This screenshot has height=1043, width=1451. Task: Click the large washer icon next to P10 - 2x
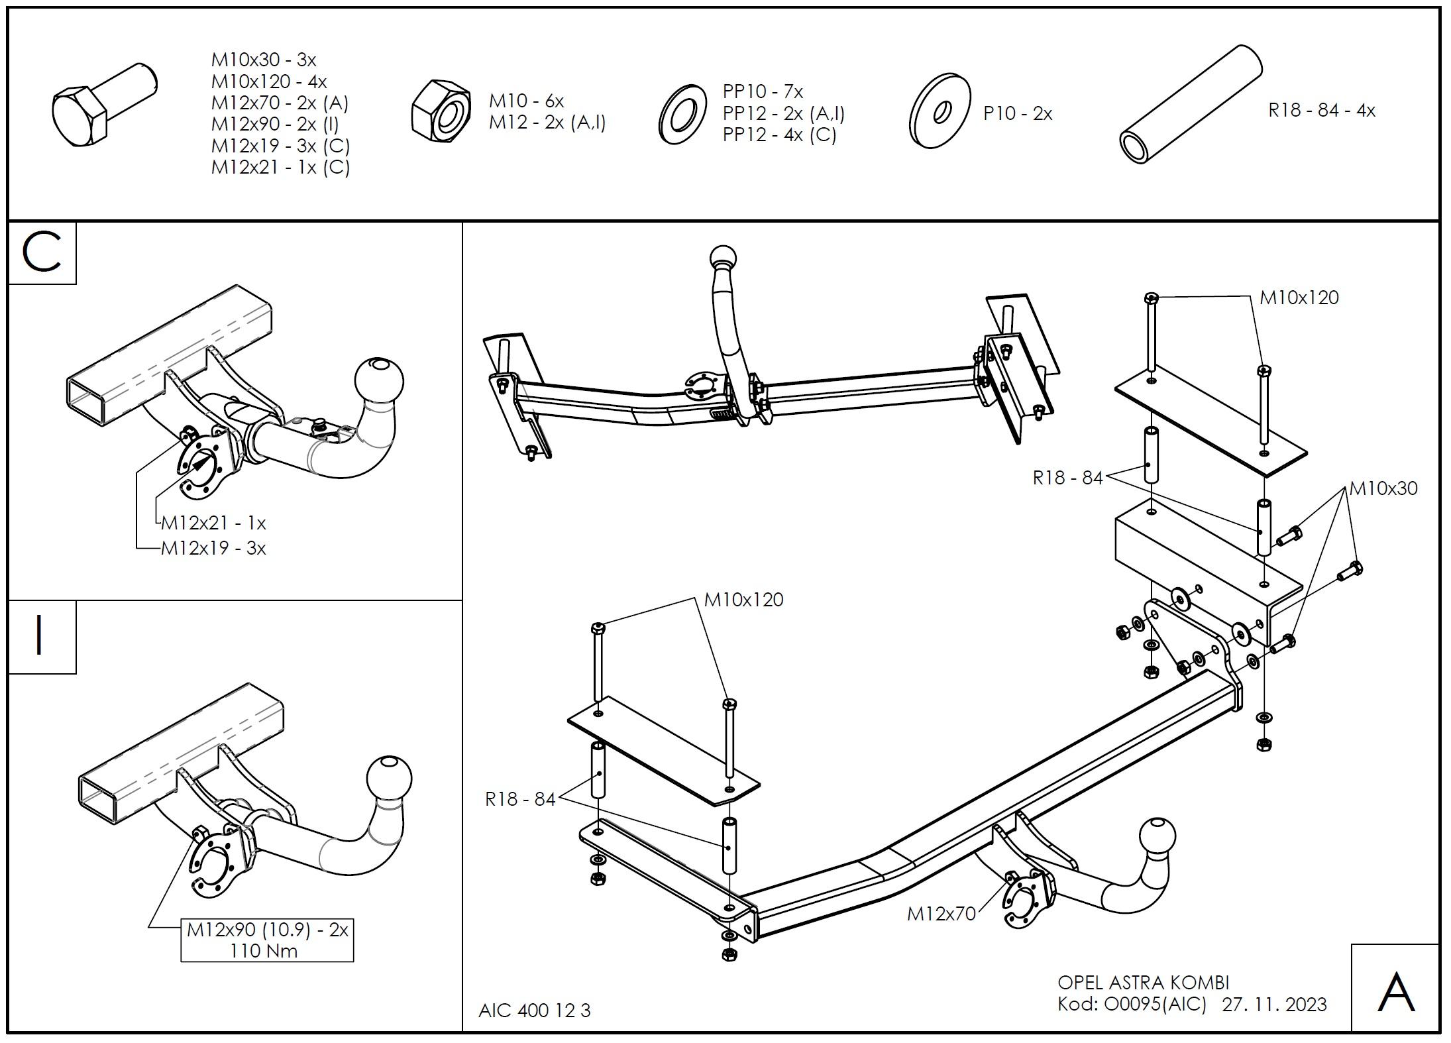[940, 111]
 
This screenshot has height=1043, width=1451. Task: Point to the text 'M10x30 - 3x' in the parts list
[264, 60]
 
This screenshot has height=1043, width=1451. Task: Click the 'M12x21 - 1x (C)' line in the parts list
[280, 167]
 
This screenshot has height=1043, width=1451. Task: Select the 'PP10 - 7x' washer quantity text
[763, 91]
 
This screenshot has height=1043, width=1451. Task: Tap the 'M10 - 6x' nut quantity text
[526, 101]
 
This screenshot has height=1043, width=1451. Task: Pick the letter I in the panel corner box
[40, 635]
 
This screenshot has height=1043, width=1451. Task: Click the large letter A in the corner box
[1395, 992]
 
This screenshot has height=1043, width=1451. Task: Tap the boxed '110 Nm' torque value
[264, 951]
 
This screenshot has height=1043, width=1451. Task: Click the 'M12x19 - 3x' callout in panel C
[213, 548]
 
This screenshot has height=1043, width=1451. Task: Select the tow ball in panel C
[380, 382]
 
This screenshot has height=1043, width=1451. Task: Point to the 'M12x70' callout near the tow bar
[941, 914]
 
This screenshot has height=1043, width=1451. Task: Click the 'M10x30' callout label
[1383, 488]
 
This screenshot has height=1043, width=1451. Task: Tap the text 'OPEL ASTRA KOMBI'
[1143, 982]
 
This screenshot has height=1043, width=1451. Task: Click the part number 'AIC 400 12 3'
[534, 1010]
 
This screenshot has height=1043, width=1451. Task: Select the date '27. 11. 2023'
[1274, 1005]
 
